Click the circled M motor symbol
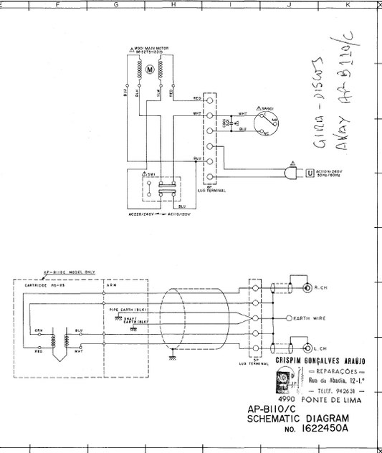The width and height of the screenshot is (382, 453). coord(151,70)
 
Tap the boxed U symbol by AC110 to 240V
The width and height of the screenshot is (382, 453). coord(310,173)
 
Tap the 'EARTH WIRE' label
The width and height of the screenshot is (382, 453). coord(310,317)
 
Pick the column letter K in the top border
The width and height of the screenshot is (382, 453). coord(348,4)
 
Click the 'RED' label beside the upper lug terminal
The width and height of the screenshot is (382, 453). coord(196,98)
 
